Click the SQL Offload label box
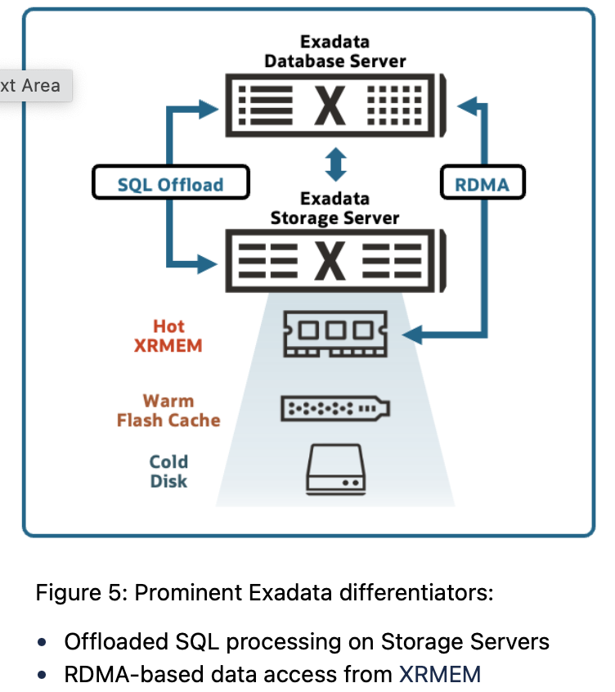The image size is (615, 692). (170, 183)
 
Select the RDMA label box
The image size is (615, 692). (482, 183)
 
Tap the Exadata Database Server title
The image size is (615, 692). (334, 51)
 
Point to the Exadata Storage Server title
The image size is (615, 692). (334, 208)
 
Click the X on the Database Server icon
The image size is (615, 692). (330, 105)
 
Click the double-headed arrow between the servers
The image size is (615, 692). (335, 163)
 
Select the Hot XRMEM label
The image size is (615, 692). (168, 336)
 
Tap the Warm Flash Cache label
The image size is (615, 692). (168, 411)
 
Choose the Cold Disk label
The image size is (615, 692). (168, 471)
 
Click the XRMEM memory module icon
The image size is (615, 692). (335, 334)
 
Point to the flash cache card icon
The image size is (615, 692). (335, 408)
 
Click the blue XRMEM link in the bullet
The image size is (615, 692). (439, 674)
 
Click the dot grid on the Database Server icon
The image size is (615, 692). (395, 105)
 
